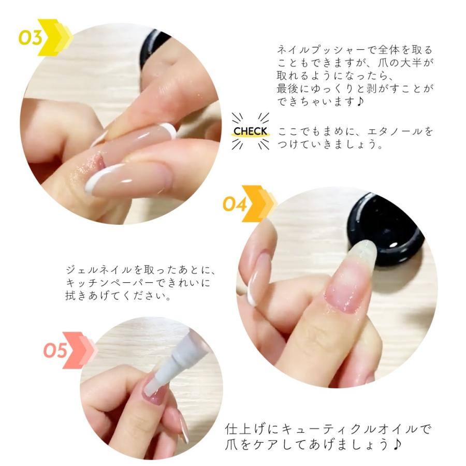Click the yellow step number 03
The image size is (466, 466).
pos(30,38)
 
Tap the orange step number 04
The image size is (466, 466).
pos(235,204)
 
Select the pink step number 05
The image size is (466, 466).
pos(55,351)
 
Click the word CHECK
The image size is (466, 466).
pos(250,131)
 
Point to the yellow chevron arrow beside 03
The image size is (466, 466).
pos(55,37)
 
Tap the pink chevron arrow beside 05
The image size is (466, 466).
pos(80,350)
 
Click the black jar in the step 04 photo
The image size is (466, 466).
pos(386,229)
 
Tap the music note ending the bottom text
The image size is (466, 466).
pos(397,444)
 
